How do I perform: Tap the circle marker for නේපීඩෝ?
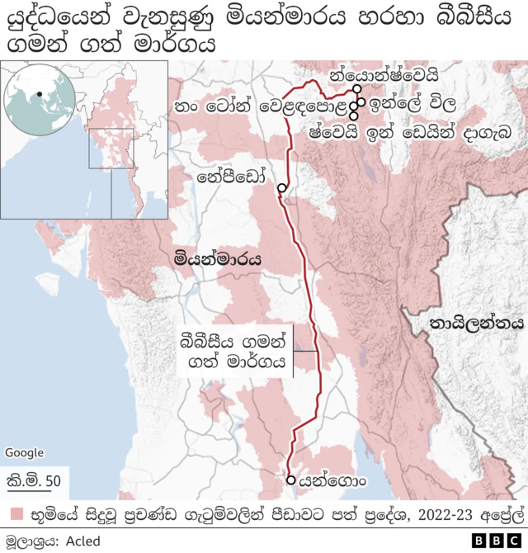click(281, 188)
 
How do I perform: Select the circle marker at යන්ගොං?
click(290, 480)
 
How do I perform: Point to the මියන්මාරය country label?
click(219, 259)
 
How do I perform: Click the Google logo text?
click(24, 452)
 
